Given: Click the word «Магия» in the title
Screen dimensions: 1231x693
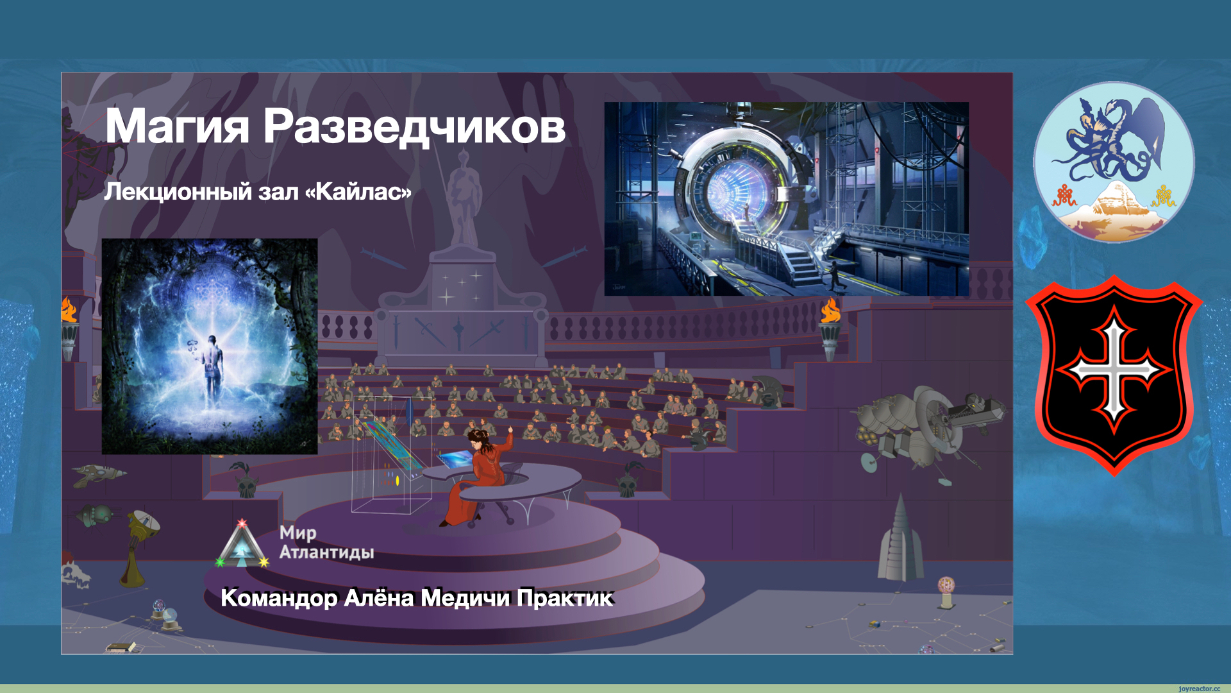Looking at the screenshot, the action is pyautogui.click(x=177, y=126).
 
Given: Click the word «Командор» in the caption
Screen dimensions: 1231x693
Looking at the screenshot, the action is pyautogui.click(x=279, y=598).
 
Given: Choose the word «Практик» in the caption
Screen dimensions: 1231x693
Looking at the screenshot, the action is pyautogui.click(x=565, y=598).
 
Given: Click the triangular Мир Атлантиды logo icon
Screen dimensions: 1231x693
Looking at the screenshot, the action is pyautogui.click(x=242, y=544).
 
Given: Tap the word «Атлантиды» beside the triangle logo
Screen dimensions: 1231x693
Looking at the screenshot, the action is pyautogui.click(x=327, y=552).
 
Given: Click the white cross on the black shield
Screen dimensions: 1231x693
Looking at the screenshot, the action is pyautogui.click(x=1114, y=370).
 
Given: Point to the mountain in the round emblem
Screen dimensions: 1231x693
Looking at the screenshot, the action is pyautogui.click(x=1114, y=209).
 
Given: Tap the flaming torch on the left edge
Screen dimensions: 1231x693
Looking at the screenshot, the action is pyautogui.click(x=69, y=327).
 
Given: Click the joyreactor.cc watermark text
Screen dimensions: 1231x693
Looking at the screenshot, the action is pyautogui.click(x=1199, y=689).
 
